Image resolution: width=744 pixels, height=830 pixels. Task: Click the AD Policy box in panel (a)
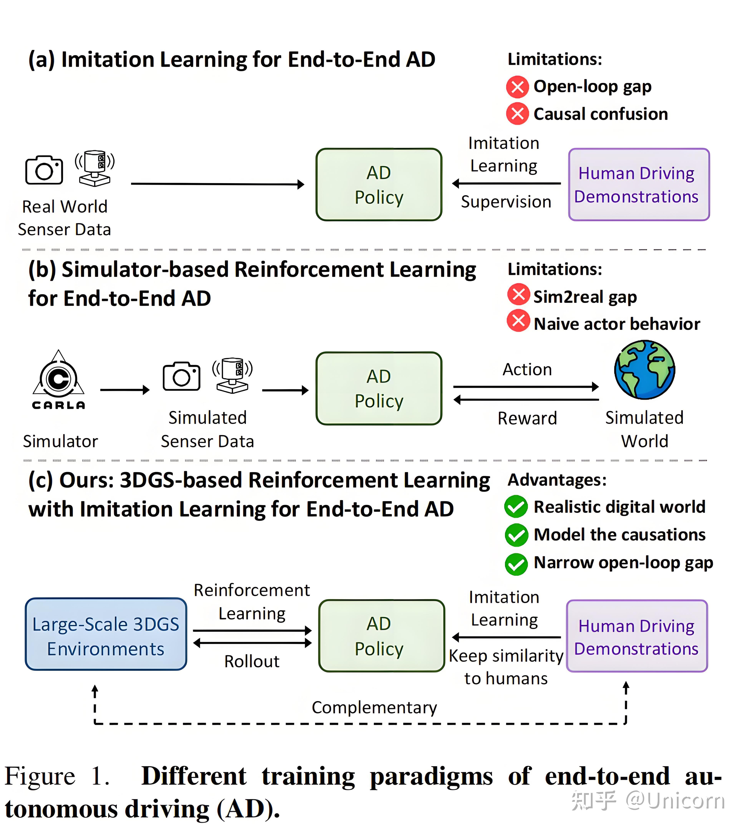tap(379, 185)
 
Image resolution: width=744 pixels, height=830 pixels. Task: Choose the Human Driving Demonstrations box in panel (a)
tap(639, 185)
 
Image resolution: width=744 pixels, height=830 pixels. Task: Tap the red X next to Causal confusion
tap(517, 114)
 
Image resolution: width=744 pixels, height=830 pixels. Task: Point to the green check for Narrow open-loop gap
tap(516, 564)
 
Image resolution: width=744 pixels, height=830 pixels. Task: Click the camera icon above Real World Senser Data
tap(44, 170)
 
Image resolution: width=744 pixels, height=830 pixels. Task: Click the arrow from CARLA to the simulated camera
tap(125, 390)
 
